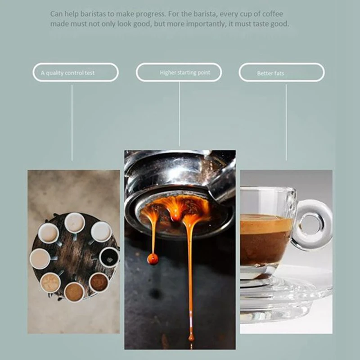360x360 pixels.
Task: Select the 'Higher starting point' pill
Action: [x=179, y=72]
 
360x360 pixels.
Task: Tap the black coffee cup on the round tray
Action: [x=109, y=257]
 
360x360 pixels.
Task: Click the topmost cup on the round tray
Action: [x=74, y=223]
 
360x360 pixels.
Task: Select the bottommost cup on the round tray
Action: [x=74, y=292]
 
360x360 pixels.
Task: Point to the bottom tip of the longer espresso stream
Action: [x=191, y=337]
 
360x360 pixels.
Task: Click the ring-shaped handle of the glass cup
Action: [x=312, y=224]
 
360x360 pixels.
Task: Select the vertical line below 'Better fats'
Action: [x=286, y=121]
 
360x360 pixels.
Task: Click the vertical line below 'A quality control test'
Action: [x=72, y=121]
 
